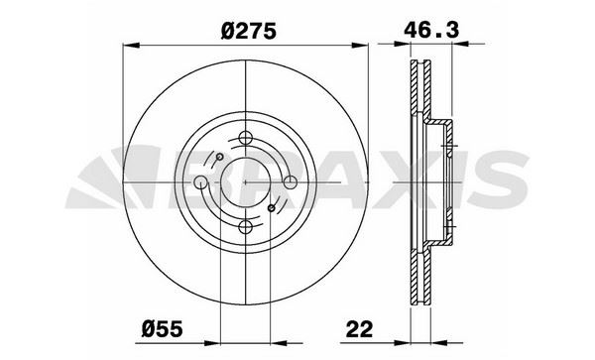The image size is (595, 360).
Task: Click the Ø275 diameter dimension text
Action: tap(249, 31)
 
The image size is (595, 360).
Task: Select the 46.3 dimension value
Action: tap(431, 30)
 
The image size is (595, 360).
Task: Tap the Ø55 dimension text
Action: tap(162, 328)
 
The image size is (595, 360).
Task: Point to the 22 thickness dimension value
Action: tap(359, 328)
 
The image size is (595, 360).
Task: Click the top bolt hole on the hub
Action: tap(246, 137)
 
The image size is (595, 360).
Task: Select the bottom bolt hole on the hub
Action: tap(246, 227)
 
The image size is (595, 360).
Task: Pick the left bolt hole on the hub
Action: tap(200, 182)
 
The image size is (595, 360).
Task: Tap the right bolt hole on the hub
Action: tap(291, 182)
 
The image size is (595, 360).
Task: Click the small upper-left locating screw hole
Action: tap(219, 157)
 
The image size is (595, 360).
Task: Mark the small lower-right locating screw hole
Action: tap(272, 208)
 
